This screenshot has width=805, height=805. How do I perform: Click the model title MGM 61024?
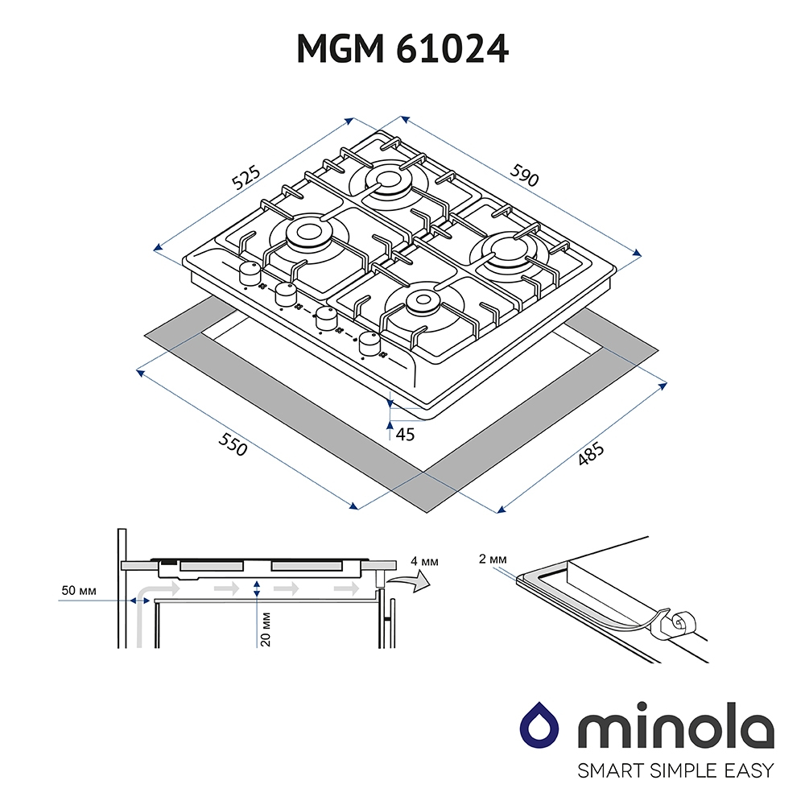tap(402, 49)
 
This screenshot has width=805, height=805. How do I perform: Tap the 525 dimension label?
tap(246, 178)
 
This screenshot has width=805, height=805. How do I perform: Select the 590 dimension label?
tap(524, 175)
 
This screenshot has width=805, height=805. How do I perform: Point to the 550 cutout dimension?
tap(233, 444)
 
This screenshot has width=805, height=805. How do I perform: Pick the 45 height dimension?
tap(405, 435)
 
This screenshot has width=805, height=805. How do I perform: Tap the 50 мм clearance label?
tap(79, 590)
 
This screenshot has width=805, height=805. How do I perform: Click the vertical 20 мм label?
tap(266, 629)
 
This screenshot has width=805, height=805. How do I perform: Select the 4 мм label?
tap(424, 561)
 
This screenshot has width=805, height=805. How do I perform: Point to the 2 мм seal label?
tap(493, 559)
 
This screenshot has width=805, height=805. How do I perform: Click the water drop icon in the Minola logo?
tap(539, 726)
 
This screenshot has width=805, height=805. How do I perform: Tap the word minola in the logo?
tap(675, 727)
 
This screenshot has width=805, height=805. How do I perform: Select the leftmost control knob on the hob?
tap(250, 273)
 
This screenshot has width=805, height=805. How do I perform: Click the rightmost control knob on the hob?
tap(369, 344)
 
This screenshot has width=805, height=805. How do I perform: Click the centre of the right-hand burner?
tap(506, 249)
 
